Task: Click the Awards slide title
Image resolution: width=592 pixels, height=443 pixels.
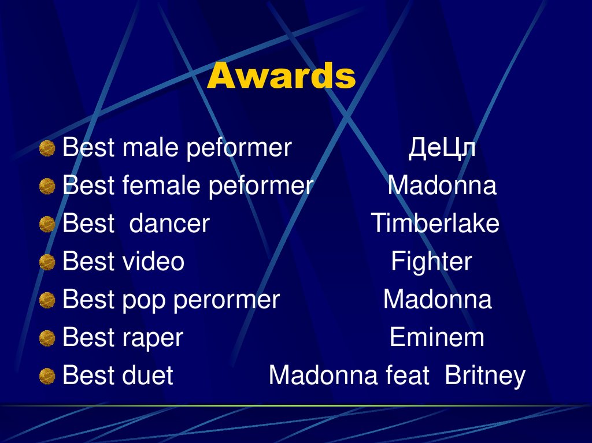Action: [x=281, y=76]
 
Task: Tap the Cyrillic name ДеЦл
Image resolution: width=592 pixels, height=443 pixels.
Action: [x=442, y=148]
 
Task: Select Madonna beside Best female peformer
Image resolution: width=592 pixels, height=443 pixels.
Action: [x=442, y=186]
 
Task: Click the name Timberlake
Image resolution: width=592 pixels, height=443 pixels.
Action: [x=435, y=224]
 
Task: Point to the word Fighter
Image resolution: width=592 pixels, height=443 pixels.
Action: [x=431, y=262]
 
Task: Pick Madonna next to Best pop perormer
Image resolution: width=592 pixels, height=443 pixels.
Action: [x=437, y=300]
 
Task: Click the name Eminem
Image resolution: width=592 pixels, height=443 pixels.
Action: [x=436, y=337]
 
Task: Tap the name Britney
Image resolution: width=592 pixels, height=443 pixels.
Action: [x=485, y=376]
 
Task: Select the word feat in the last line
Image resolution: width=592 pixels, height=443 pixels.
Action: [x=407, y=376]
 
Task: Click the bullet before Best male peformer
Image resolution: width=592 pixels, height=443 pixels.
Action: [x=47, y=149]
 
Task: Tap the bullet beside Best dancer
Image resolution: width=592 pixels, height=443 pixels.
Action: [x=47, y=225]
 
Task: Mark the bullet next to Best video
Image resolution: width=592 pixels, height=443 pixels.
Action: [x=47, y=263]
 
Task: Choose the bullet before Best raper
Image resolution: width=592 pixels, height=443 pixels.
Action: [x=47, y=338]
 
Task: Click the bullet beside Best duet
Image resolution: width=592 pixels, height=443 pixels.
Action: [x=47, y=377]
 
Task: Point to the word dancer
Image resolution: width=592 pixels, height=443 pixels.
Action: [x=169, y=224]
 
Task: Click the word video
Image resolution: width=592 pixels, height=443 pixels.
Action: [x=153, y=262]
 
